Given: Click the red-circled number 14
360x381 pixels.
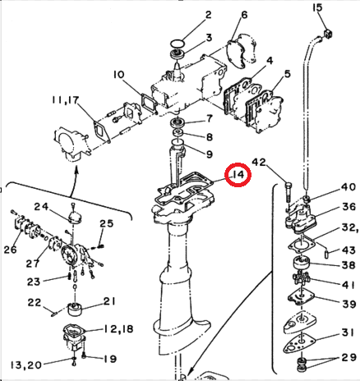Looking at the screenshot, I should pos(238,174).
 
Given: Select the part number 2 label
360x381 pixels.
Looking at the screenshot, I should pos(208,15).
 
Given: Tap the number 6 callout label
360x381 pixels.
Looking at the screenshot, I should pos(244,15).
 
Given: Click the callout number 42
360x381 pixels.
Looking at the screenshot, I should pos(260,163).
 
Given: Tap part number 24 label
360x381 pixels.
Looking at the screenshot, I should pos(42,206).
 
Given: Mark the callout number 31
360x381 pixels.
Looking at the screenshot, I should pos(348,331).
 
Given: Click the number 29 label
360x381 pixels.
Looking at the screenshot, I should pos(348,358).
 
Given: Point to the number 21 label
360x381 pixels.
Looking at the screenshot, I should pos(109,301).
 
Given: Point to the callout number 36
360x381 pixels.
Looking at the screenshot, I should pos(348,207).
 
